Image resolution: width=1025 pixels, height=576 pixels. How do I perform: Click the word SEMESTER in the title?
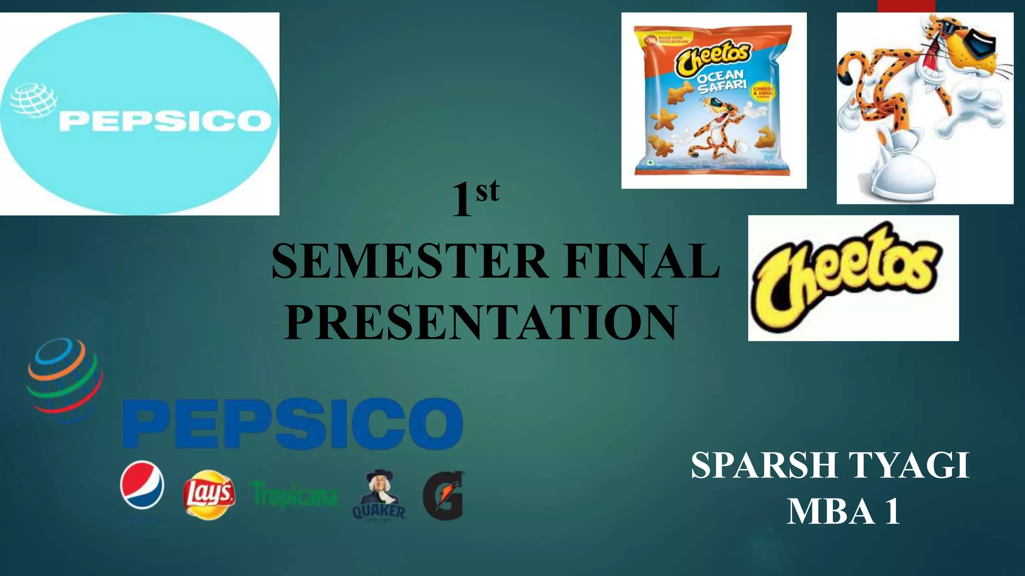pos(409,262)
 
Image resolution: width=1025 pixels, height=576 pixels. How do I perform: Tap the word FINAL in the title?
pos(642,262)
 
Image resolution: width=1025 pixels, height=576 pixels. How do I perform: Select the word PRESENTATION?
pos(481,322)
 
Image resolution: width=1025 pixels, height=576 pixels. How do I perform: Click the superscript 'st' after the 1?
pos(487,191)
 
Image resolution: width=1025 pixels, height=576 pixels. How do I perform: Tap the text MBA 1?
pos(844,511)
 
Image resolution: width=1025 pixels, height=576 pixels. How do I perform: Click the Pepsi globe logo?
pos(142,485)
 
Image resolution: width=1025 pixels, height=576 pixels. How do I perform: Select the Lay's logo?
pos(209,494)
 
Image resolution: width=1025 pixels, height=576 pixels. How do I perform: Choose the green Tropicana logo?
pos(295,495)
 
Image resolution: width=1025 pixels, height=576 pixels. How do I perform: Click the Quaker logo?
pos(379,495)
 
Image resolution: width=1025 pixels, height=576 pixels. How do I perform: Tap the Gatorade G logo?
pos(443,495)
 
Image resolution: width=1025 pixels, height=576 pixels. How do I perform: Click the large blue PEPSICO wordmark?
pos(293,423)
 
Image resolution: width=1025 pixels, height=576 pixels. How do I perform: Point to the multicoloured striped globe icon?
pos(65,380)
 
